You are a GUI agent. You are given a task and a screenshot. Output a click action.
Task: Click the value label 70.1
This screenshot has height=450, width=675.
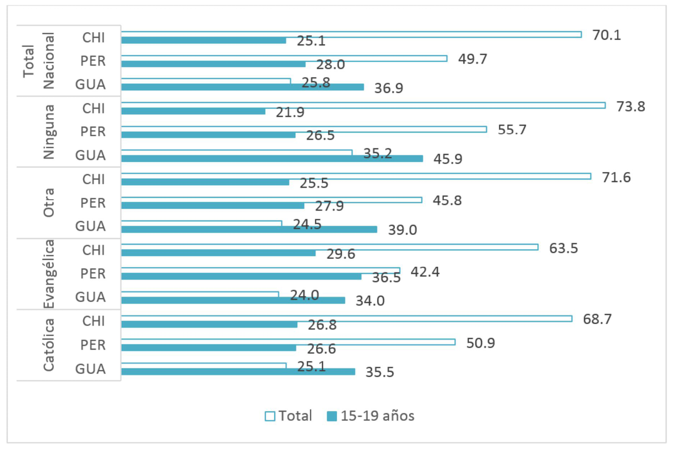tap(606, 35)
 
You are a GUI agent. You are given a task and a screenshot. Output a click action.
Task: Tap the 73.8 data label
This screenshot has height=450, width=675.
tap(631, 106)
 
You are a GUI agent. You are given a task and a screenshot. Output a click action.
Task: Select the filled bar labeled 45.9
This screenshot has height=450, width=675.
tap(272, 159)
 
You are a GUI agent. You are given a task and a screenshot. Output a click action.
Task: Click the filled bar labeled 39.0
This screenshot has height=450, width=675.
tap(249, 229)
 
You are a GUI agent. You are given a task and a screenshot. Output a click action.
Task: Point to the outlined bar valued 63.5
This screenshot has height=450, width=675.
tap(329, 247)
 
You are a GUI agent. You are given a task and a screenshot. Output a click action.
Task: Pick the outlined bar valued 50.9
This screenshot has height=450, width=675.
tap(288, 342)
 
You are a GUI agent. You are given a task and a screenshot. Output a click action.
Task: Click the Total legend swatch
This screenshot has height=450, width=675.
tap(270, 416)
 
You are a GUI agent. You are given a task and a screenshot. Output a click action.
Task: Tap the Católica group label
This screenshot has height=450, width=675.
tap(49, 345)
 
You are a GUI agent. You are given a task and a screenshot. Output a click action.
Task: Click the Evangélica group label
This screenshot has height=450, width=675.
tap(49, 274)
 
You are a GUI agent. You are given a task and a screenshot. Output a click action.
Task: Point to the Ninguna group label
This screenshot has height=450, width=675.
tap(49, 132)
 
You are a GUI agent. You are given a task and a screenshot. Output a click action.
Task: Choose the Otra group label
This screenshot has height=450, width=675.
tap(49, 203)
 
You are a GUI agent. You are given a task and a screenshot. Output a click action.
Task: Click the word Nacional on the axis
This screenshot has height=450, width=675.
tap(49, 61)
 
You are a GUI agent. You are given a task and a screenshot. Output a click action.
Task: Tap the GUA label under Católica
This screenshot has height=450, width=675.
tap(90, 369)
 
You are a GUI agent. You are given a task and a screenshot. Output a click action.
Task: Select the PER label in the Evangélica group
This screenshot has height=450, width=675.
tap(93, 274)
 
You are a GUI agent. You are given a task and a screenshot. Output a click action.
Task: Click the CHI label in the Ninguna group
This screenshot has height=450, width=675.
tap(93, 108)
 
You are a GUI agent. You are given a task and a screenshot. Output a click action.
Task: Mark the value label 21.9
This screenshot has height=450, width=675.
tap(290, 112)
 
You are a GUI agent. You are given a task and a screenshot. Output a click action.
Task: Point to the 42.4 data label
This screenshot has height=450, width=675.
tap(424, 272)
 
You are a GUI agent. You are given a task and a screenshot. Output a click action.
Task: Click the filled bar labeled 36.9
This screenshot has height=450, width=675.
tap(242, 87)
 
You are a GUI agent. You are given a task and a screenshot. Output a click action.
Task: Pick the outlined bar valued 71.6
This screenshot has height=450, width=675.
tap(356, 176)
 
